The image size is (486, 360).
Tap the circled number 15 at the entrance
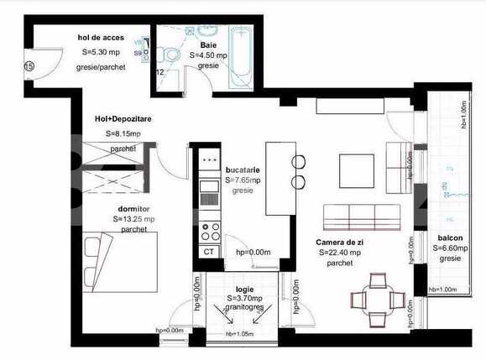click(x=29, y=65)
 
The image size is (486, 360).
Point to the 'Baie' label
click(x=209, y=45)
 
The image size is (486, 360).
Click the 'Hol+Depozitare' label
click(x=123, y=118)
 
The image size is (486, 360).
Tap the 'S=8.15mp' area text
click(x=123, y=133)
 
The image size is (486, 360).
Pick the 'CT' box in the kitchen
click(x=209, y=250)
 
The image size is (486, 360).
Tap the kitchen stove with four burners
click(x=209, y=226)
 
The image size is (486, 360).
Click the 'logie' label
click(x=245, y=289)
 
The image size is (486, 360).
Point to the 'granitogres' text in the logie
click(x=245, y=308)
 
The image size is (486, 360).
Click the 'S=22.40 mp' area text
click(x=341, y=252)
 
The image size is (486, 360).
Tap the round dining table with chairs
click(x=369, y=300)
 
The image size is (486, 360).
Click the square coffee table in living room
click(x=356, y=170)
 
